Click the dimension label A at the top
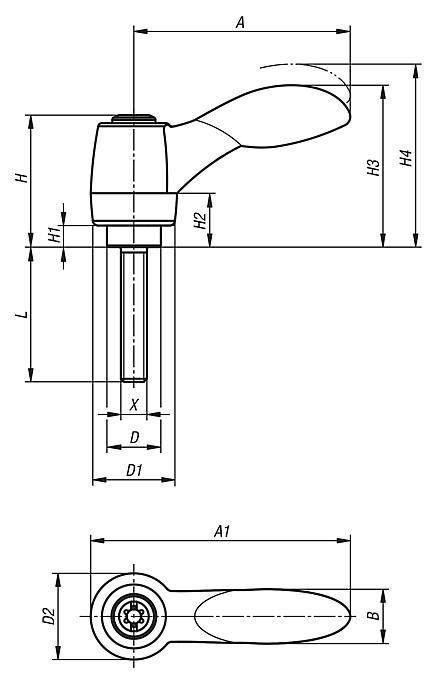click(241, 21)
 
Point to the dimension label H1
click(55, 235)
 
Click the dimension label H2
click(201, 220)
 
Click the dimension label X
click(134, 404)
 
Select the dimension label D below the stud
click(134, 437)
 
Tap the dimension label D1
click(134, 469)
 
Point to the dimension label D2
click(47, 616)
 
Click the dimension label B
click(372, 617)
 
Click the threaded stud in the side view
click(134, 310)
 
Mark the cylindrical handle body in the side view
click(133, 170)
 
